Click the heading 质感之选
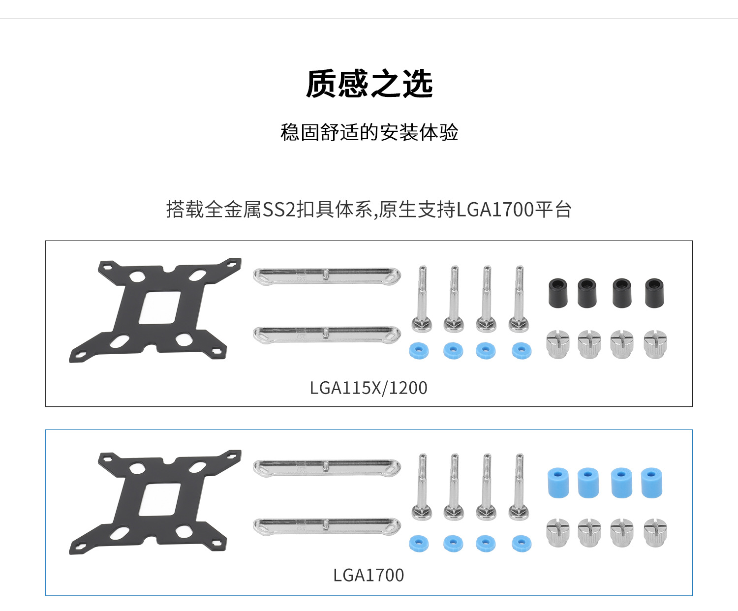coord(369,84)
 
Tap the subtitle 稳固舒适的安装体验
coord(369,132)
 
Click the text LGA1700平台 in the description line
coord(514,210)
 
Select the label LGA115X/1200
coord(369,388)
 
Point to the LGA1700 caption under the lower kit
coord(369,575)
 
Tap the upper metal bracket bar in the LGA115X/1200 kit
coord(327,275)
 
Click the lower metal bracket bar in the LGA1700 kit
coord(327,526)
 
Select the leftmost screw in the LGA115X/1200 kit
coord(422,300)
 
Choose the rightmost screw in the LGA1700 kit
coord(519,487)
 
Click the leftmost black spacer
coord(557,293)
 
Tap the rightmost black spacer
coord(654,293)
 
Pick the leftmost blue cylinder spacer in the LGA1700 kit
coord(558,483)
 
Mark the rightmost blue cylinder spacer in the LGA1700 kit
coord(651,483)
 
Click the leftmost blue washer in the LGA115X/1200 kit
coord(419,351)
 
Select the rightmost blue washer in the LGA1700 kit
coord(522,543)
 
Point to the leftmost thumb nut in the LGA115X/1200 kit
coord(558,344)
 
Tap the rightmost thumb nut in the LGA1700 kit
coord(655,533)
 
